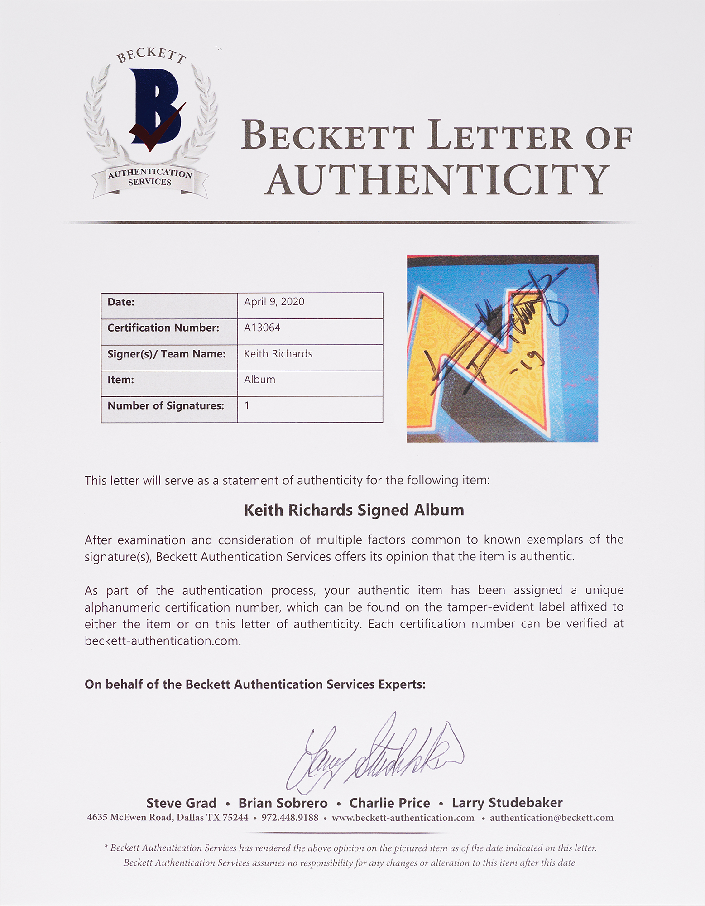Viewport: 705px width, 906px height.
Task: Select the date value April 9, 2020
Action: pyautogui.click(x=274, y=302)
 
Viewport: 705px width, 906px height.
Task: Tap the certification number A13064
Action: pyautogui.click(x=262, y=328)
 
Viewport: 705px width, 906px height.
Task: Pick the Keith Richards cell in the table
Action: pyautogui.click(x=278, y=354)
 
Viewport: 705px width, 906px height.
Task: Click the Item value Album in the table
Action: pyautogui.click(x=259, y=380)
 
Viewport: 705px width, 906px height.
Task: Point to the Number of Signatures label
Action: pyautogui.click(x=166, y=406)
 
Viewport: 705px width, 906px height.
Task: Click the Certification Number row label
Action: pyautogui.click(x=163, y=328)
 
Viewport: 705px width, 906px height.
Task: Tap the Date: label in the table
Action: pyautogui.click(x=121, y=302)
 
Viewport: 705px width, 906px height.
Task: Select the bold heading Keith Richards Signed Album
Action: pyautogui.click(x=354, y=510)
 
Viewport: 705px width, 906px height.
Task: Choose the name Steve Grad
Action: pyautogui.click(x=181, y=803)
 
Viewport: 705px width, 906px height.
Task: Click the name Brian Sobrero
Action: pyautogui.click(x=283, y=803)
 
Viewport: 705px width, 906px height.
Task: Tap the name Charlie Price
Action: pyautogui.click(x=389, y=803)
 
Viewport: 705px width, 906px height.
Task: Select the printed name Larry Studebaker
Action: pyautogui.click(x=507, y=803)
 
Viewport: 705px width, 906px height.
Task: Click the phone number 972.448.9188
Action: pyautogui.click(x=290, y=818)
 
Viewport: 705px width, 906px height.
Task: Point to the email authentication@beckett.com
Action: pyautogui.click(x=552, y=818)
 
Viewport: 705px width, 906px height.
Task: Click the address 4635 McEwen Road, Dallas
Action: pyautogui.click(x=168, y=818)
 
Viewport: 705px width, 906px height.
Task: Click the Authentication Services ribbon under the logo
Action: pyautogui.click(x=150, y=178)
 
